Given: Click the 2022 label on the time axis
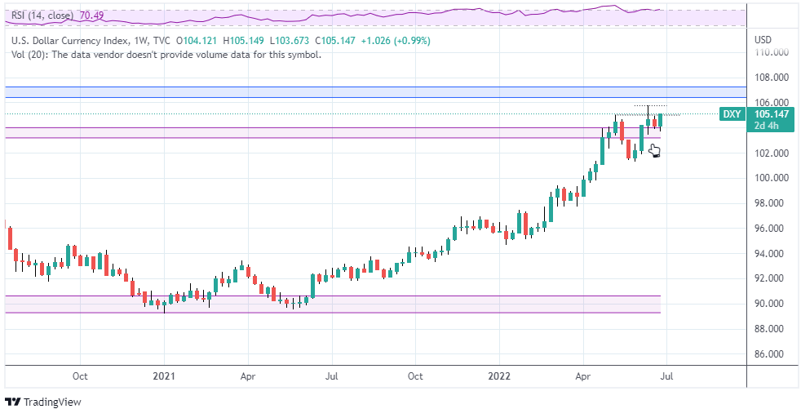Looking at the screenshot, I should [499, 377].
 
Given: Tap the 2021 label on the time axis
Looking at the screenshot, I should [164, 377].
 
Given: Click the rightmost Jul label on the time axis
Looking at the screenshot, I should [666, 377].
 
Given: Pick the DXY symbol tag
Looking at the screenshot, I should [732, 114].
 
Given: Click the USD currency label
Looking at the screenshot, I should [763, 40].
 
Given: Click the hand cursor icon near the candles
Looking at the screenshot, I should [654, 150].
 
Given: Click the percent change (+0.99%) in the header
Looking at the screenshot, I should [408, 41].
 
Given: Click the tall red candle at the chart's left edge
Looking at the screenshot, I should [10, 238].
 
